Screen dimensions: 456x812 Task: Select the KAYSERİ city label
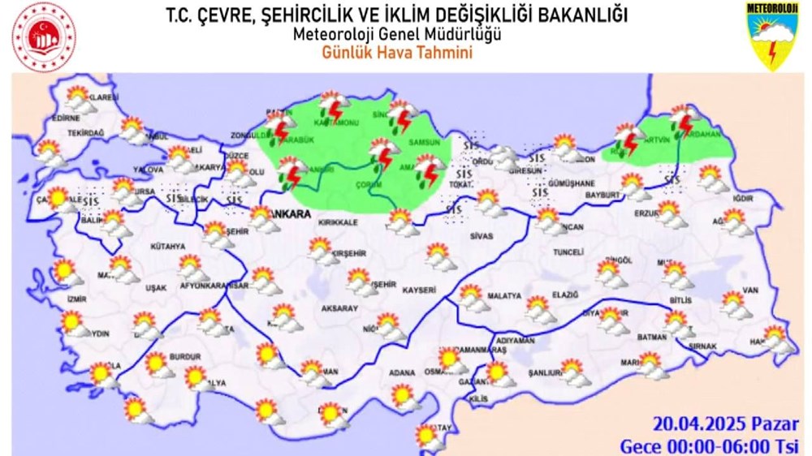point(418,289)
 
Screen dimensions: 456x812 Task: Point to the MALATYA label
point(498,298)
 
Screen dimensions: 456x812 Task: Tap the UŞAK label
point(155,288)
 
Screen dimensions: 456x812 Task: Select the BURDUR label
point(186,355)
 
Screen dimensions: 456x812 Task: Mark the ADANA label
point(401,372)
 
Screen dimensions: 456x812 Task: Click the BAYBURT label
point(603,196)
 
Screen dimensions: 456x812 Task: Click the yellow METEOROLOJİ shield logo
point(771,36)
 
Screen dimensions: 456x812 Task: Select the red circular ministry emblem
point(43,37)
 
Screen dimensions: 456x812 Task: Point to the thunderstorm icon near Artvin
point(683,122)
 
